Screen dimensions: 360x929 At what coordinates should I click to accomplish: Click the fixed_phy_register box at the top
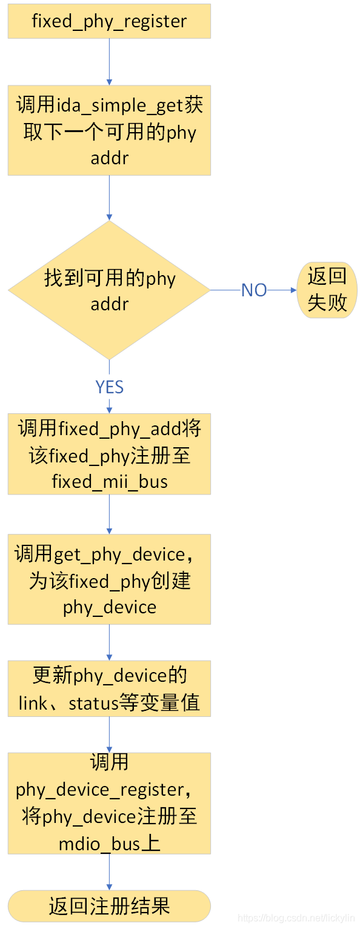(x=109, y=21)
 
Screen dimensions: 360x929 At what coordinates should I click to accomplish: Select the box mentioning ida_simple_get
(x=109, y=130)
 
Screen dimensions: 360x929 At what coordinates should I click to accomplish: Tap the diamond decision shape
(x=109, y=290)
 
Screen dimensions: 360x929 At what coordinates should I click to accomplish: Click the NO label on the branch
(x=254, y=290)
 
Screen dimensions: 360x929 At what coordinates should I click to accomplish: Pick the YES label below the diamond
(x=110, y=387)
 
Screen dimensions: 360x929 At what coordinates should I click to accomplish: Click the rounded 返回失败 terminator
(x=327, y=290)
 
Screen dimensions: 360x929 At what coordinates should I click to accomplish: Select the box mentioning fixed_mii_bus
(x=109, y=454)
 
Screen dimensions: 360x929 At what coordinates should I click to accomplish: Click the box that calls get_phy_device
(x=109, y=579)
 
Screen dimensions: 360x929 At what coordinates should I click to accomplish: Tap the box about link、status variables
(x=109, y=688)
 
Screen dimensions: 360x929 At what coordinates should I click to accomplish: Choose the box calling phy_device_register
(x=109, y=804)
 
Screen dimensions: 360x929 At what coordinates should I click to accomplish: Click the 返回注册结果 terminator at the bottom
(x=109, y=906)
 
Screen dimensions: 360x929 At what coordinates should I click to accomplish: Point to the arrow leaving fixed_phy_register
(x=110, y=62)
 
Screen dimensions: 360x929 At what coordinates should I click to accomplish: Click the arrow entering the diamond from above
(x=110, y=198)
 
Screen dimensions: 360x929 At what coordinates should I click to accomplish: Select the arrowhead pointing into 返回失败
(x=294, y=290)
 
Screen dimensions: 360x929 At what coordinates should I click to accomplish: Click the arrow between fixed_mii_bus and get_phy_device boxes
(x=110, y=514)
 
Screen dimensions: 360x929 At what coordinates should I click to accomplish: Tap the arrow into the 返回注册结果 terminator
(x=110, y=872)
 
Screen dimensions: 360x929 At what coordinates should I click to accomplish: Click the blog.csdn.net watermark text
(x=296, y=918)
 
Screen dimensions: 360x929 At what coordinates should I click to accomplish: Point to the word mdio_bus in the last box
(x=99, y=844)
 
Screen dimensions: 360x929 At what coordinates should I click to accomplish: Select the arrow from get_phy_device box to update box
(x=110, y=642)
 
